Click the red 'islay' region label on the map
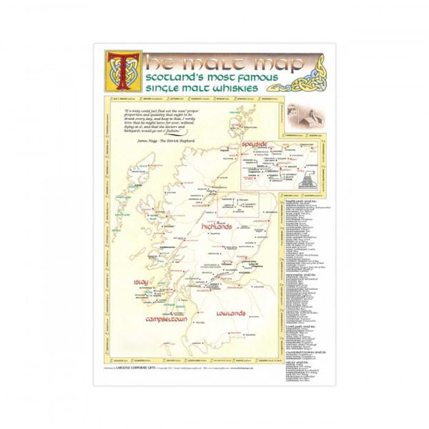(x=140, y=283)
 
